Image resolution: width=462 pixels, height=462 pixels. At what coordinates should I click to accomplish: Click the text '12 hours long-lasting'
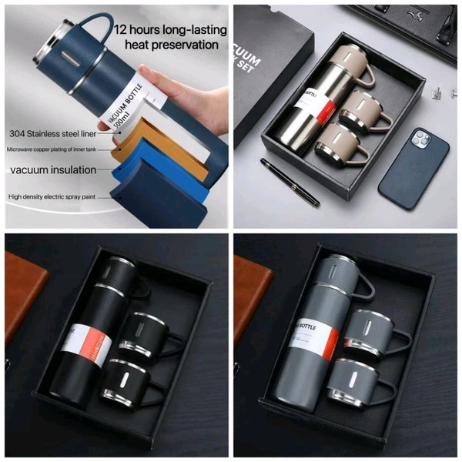(170, 31)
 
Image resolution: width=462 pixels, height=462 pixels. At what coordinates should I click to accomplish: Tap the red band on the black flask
(81, 343)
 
